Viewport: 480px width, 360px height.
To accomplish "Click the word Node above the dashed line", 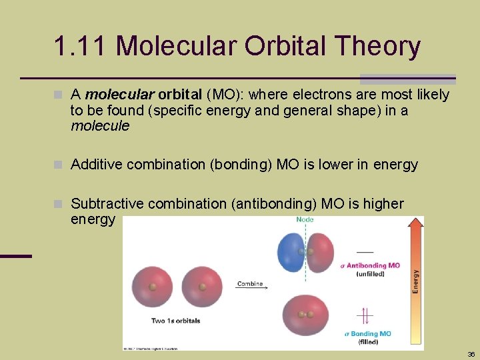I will click(305, 220).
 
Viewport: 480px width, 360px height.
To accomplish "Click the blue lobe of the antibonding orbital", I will click(291, 252).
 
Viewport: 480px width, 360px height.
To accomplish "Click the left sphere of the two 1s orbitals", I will click(152, 287).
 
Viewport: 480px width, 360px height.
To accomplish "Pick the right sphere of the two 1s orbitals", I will click(203, 287).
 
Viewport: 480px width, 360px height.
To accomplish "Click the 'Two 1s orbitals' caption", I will click(175, 321).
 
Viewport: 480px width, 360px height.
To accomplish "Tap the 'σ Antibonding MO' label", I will click(371, 265).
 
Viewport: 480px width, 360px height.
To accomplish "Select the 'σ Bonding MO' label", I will click(368, 333).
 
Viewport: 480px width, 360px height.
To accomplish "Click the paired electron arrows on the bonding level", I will click(365, 315).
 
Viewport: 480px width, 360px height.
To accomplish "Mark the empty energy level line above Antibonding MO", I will click(365, 252).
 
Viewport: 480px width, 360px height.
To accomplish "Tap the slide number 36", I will click(471, 354).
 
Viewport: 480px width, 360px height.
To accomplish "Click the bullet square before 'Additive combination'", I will click(61, 165).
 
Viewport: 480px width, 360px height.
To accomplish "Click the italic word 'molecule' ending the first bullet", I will click(100, 126).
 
